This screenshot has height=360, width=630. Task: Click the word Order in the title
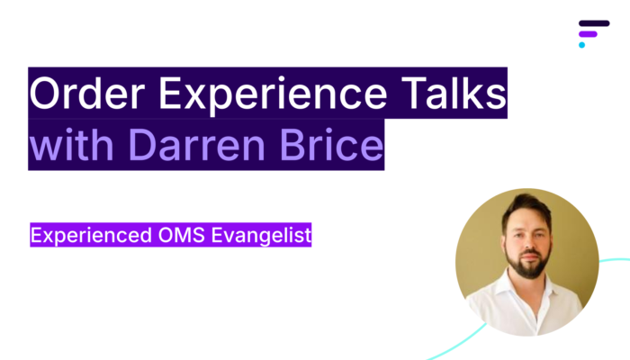pyautogui.click(x=86, y=93)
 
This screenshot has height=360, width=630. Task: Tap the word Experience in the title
pyautogui.click(x=273, y=96)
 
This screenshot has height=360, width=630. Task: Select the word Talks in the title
pyautogui.click(x=454, y=93)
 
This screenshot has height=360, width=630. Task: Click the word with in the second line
pyautogui.click(x=71, y=144)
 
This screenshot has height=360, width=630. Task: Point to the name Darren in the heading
pyautogui.click(x=197, y=144)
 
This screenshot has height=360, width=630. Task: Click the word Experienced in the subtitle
pyautogui.click(x=91, y=236)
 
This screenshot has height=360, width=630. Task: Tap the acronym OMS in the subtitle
pyautogui.click(x=181, y=235)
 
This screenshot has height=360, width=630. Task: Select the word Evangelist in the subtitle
pyautogui.click(x=261, y=236)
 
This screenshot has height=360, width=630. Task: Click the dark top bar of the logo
pyautogui.click(x=594, y=23)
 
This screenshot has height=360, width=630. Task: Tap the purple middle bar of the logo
pyautogui.click(x=588, y=34)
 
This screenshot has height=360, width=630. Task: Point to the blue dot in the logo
pyautogui.click(x=581, y=45)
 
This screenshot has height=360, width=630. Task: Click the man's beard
pyautogui.click(x=527, y=265)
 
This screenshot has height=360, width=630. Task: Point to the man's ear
pyautogui.click(x=503, y=244)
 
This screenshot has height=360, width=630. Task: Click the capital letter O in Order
pyautogui.click(x=44, y=93)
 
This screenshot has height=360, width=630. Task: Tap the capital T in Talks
pyautogui.click(x=413, y=93)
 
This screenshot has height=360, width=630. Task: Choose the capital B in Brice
pyautogui.click(x=293, y=144)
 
